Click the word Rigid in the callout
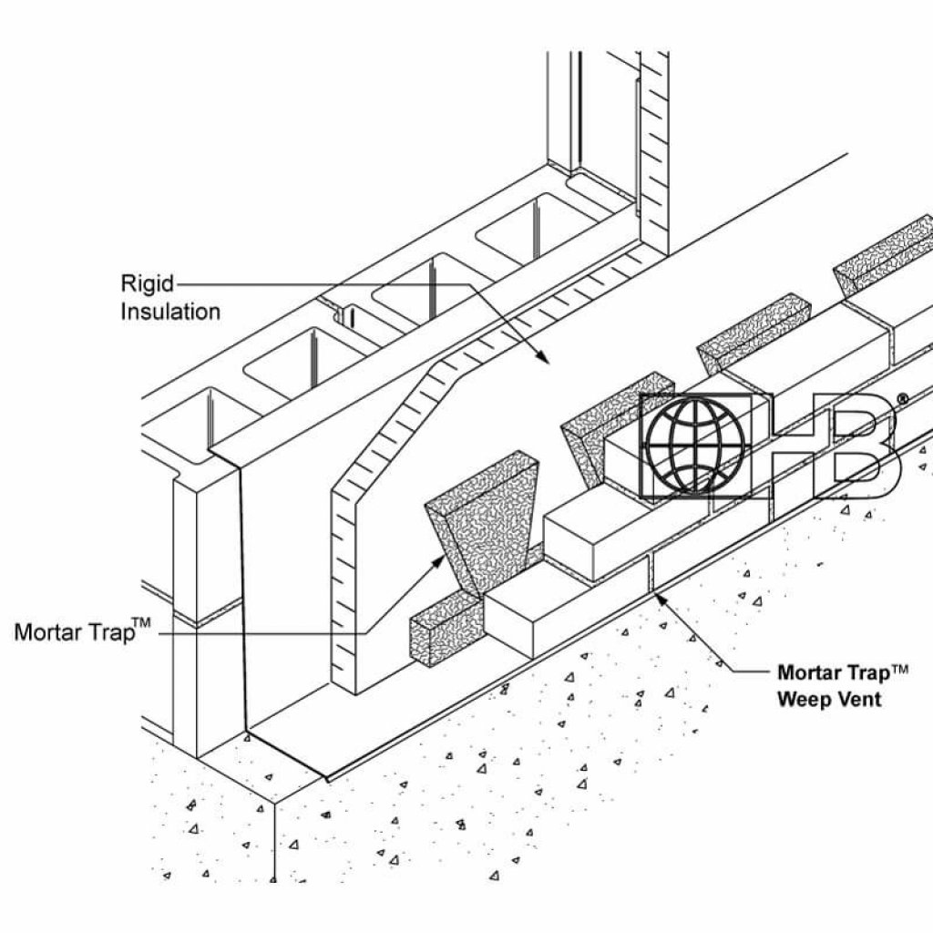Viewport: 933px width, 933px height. point(148,282)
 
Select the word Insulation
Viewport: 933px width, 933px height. point(171,312)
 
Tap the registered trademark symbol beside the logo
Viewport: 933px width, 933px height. point(902,399)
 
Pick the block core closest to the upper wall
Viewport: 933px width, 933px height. point(519,228)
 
